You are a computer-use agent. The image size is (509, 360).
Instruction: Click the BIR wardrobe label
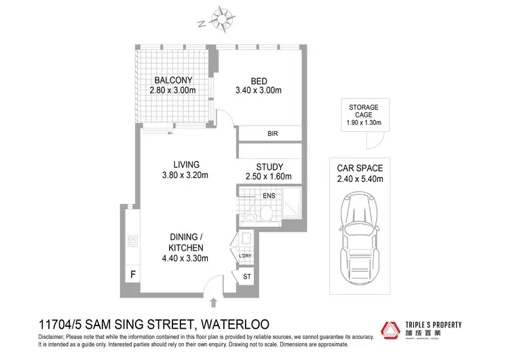point(273,134)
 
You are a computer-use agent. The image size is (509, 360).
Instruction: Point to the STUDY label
point(269,167)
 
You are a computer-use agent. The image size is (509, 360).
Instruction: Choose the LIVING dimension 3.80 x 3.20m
point(185,175)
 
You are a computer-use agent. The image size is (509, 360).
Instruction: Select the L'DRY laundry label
point(246,256)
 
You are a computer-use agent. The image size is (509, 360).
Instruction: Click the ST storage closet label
point(246,277)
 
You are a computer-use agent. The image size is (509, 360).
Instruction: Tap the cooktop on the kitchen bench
point(132,241)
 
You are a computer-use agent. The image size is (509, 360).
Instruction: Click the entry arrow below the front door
point(215,301)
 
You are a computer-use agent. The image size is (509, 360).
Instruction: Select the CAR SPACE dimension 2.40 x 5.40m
point(361,179)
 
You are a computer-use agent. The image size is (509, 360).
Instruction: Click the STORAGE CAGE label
point(364,111)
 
